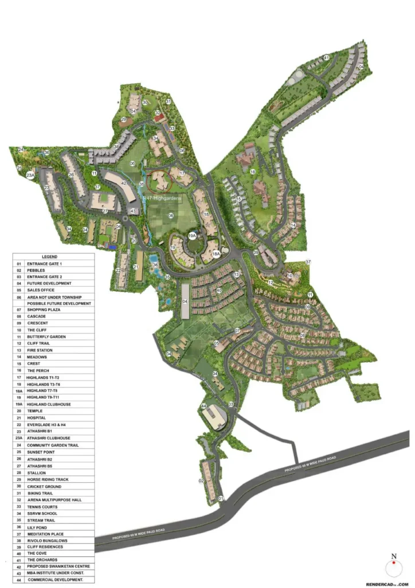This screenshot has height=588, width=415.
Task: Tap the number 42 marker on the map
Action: [124, 183]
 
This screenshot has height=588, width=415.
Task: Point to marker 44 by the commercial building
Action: [203, 406]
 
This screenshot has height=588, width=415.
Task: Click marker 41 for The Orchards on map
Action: [326, 57]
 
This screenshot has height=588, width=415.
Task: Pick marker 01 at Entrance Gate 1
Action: [221, 499]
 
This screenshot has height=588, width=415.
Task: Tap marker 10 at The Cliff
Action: [290, 276]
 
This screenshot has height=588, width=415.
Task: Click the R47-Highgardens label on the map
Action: [162, 198]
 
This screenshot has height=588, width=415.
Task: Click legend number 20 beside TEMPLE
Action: [19, 411]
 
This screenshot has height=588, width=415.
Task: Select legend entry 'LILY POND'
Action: [37, 527]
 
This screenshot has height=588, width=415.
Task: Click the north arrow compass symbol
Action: [393, 568]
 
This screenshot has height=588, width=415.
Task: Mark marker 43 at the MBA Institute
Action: [133, 211]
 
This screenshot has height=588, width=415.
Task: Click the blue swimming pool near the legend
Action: [113, 247]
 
